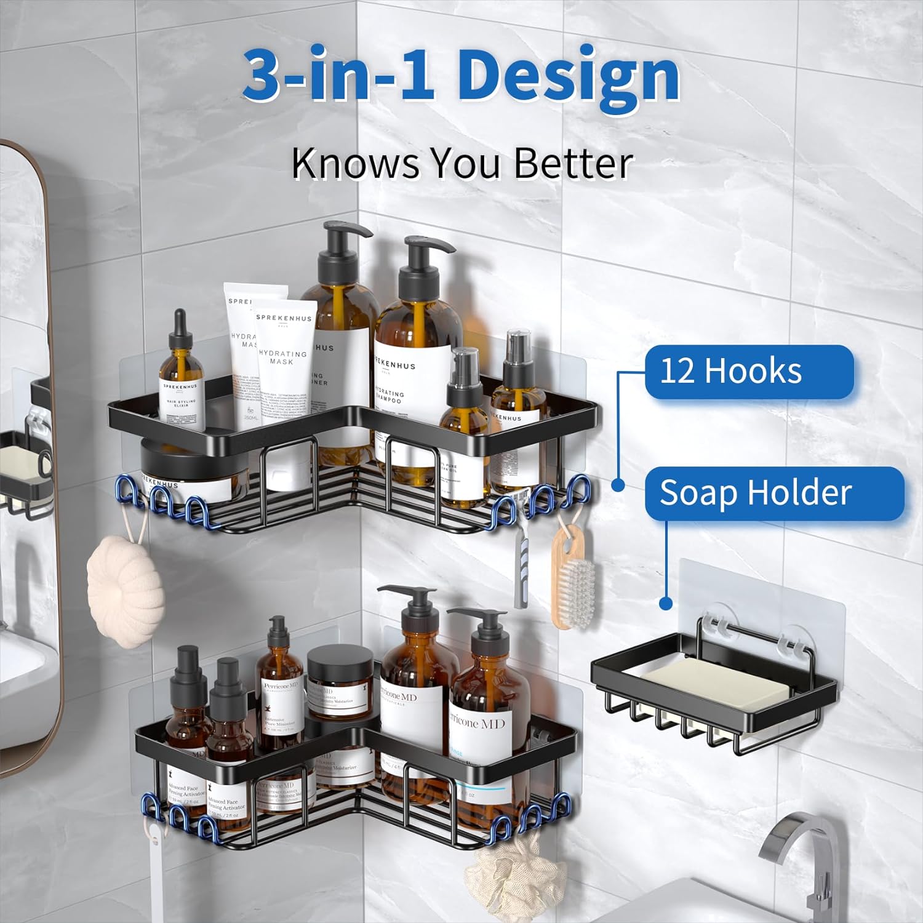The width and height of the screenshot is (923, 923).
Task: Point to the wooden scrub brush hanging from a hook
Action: (572, 576)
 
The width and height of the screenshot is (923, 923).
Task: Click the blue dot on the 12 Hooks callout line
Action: (618, 485)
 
